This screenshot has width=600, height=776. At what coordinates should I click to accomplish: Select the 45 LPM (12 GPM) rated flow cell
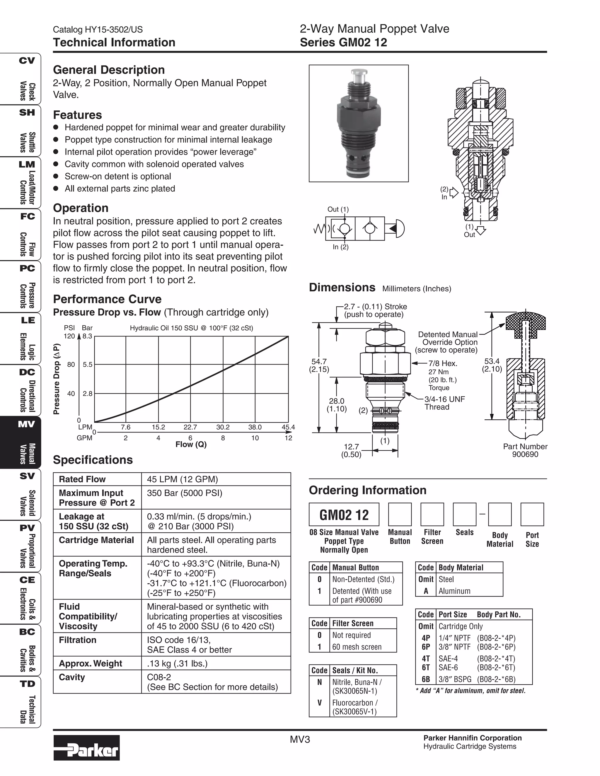click(x=182, y=479)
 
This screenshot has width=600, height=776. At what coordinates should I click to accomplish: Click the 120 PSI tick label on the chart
click(x=69, y=336)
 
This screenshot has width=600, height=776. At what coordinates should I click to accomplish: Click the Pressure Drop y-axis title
click(x=57, y=379)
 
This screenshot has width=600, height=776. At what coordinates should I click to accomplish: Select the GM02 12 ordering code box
click(x=344, y=515)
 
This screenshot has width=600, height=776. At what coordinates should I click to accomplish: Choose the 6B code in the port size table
click(x=425, y=679)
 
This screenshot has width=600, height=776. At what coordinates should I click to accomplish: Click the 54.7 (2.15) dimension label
click(x=319, y=365)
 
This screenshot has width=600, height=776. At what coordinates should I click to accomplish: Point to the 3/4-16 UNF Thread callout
click(x=444, y=403)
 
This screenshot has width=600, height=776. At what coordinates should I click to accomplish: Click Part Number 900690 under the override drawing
click(x=525, y=450)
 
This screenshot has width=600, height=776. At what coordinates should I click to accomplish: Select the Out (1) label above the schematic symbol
click(x=338, y=209)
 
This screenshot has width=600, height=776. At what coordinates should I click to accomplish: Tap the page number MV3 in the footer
click(x=300, y=739)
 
